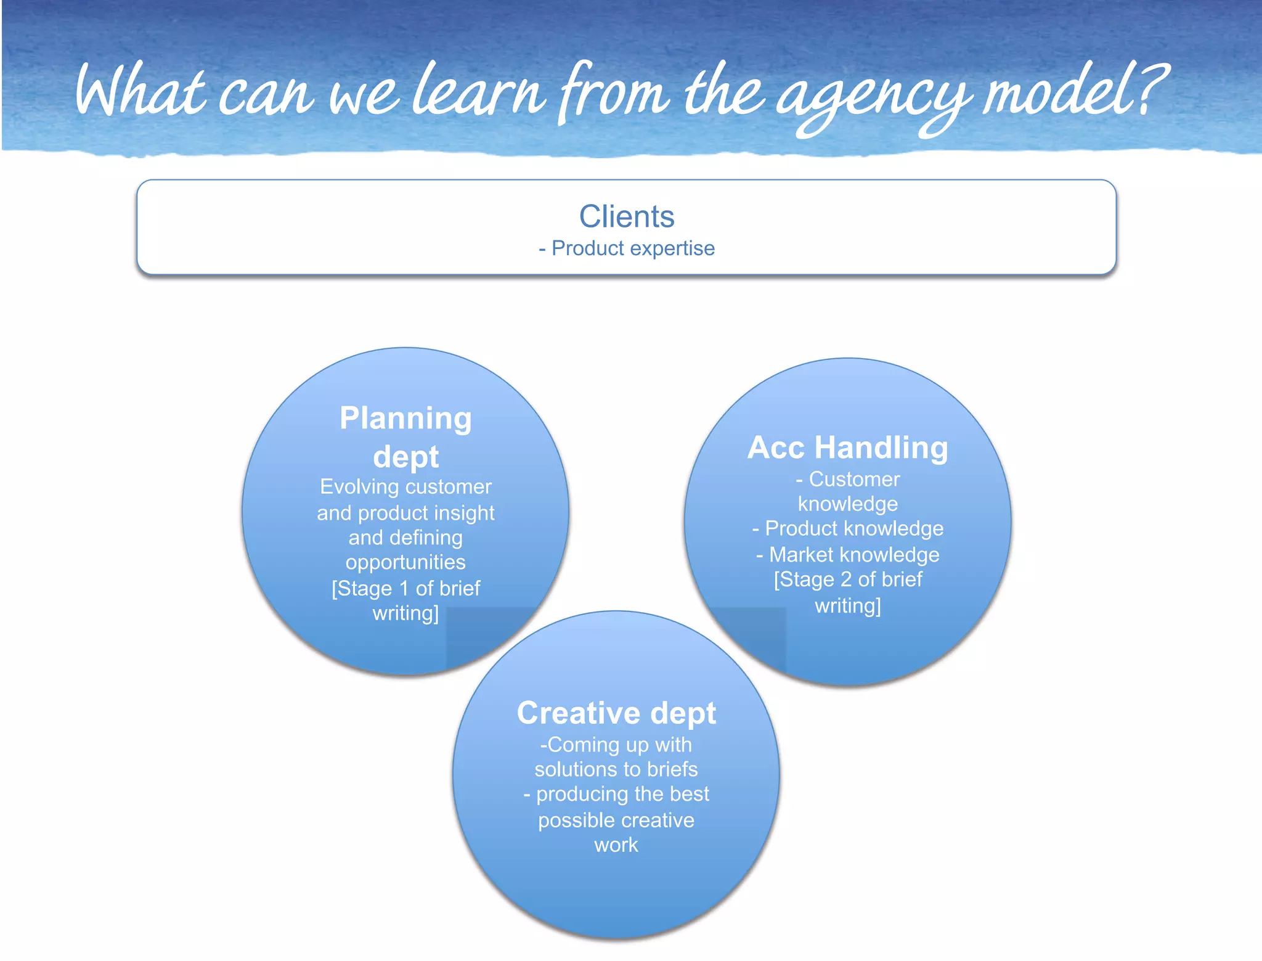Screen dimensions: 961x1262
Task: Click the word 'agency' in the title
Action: pos(872,99)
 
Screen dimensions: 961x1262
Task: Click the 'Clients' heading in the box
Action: pos(627,216)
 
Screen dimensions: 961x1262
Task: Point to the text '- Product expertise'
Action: pos(627,248)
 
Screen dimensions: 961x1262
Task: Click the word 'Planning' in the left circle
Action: pos(405,419)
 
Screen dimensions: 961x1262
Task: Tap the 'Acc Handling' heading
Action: pos(847,448)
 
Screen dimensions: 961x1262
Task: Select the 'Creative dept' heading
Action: pos(616,713)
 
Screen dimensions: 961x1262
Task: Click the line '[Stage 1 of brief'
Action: pos(405,588)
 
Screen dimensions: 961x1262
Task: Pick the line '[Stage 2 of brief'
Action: pos(848,579)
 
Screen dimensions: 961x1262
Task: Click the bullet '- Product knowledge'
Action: pos(848,528)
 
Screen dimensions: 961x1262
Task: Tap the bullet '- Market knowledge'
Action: pos(848,555)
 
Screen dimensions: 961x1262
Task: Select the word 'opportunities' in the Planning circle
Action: pos(405,562)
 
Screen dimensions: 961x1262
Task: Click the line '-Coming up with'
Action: pos(616,745)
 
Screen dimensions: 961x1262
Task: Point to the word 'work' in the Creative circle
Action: pos(616,844)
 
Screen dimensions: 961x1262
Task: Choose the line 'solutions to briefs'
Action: pos(616,769)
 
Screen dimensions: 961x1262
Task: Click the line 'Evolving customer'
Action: pos(405,487)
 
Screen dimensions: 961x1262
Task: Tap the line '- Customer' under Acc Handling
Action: pos(848,479)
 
